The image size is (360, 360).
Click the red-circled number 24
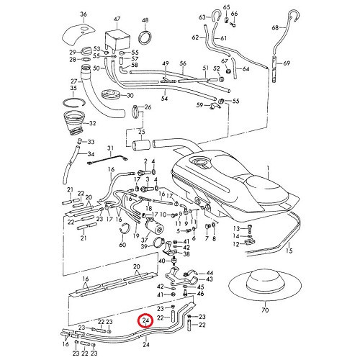(x=146, y=321)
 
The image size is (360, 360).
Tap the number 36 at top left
(x=83, y=14)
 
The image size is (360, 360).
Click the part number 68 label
(x=274, y=28)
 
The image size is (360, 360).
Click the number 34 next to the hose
(x=90, y=154)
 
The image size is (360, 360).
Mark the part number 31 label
(x=111, y=148)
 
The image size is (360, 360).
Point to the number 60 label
(x=122, y=244)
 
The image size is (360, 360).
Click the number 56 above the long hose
(x=183, y=63)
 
